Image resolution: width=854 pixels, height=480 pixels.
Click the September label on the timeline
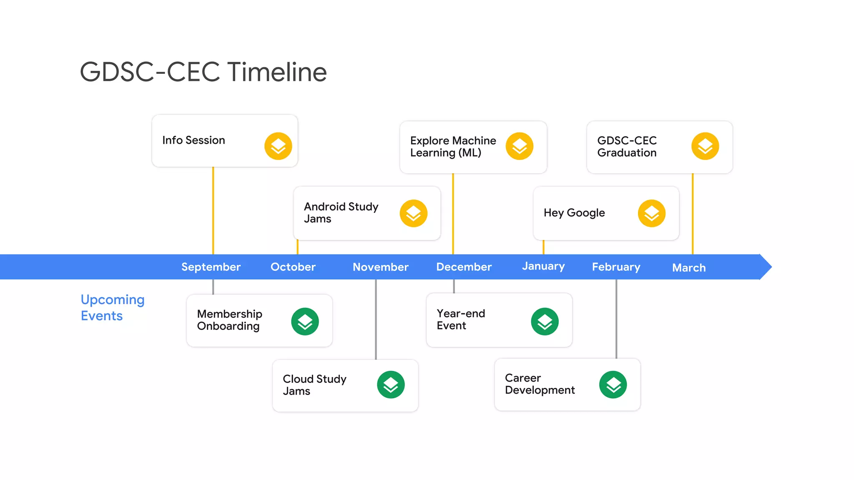pos(211,267)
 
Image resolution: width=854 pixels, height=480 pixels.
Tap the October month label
pos(293,267)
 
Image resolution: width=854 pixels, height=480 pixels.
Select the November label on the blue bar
pos(380,267)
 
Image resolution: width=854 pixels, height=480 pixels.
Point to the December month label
pos(464,267)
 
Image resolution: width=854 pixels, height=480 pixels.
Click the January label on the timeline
pos(543,266)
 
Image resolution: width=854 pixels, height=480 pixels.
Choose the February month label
pos(616,267)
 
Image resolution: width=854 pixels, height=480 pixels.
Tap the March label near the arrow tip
pos(689,267)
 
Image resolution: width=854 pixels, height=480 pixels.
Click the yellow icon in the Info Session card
pos(278,146)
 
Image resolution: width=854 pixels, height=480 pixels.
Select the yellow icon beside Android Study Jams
pos(413,213)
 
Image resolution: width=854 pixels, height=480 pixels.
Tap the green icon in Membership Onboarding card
pos(305,321)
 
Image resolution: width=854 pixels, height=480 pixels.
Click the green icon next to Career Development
pos(613,385)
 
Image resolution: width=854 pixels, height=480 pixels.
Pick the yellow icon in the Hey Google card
pos(651,213)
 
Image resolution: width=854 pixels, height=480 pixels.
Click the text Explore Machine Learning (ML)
pos(453,147)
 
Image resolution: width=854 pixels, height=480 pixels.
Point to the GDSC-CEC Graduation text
pos(627,147)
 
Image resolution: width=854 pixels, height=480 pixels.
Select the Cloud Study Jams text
pos(314,385)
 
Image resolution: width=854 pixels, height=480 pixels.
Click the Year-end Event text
pos(461,320)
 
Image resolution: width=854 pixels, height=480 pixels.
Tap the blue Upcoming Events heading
pos(112,307)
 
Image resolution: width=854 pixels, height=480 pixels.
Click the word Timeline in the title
pos(277,72)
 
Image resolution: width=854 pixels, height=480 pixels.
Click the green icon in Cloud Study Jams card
pos(391,385)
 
